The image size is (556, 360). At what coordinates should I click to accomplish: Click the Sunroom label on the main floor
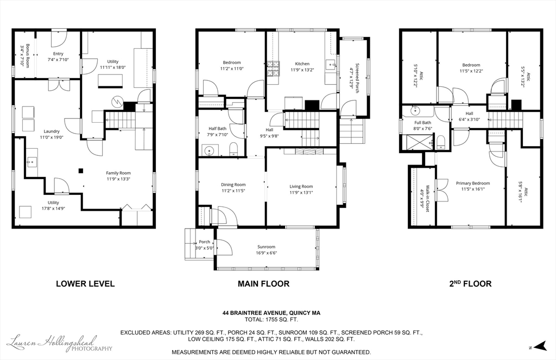point(266,247)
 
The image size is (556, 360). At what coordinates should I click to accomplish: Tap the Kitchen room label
point(302,64)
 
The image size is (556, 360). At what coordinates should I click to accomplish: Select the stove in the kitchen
point(273,69)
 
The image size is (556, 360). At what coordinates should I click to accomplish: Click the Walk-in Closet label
point(428,199)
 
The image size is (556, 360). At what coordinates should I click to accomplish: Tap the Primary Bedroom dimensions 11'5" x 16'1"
point(473,190)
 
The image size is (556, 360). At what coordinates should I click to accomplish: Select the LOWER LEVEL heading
point(85,284)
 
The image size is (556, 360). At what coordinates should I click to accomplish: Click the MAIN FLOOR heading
point(263,284)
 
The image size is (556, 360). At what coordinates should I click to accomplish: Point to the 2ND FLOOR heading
point(470,283)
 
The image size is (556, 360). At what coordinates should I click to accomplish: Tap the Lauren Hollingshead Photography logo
point(60,343)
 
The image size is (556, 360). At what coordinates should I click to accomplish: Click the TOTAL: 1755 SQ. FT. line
point(271,320)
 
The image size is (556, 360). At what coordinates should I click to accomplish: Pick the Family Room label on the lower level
point(118,173)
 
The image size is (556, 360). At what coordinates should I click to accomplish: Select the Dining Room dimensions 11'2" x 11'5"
point(233,191)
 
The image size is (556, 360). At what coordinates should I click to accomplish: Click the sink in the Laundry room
point(32,162)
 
